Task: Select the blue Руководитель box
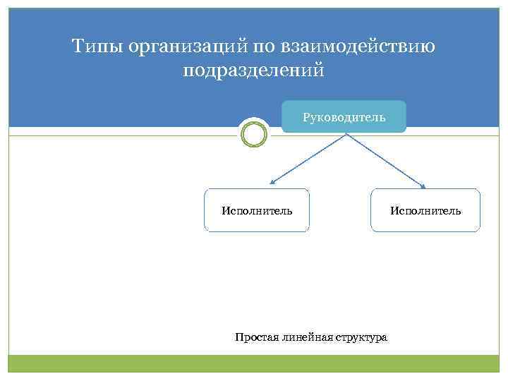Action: pyautogui.click(x=344, y=117)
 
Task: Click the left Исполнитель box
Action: pyautogui.click(x=257, y=210)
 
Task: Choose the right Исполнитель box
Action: pyautogui.click(x=425, y=210)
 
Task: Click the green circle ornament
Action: pyautogui.click(x=254, y=133)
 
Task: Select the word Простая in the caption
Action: pyautogui.click(x=258, y=337)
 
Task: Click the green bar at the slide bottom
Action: pyautogui.click(x=254, y=363)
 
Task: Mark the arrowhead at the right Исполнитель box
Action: pyautogui.click(x=423, y=186)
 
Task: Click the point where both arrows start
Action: pyautogui.click(x=345, y=134)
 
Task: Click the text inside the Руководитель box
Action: pyautogui.click(x=344, y=117)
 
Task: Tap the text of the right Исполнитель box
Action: pyautogui.click(x=425, y=210)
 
